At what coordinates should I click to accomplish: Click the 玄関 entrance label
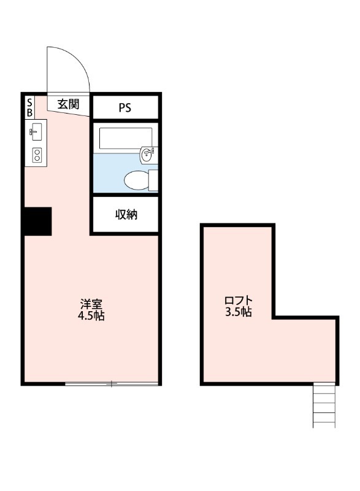[68, 104]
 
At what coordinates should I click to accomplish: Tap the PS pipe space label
[125, 107]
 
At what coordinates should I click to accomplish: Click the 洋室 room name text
[90, 304]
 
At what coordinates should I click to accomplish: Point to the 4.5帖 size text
[90, 317]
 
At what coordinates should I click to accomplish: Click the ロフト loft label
[238, 300]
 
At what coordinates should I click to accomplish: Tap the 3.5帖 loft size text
[238, 312]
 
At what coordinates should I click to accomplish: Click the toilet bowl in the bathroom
[136, 180]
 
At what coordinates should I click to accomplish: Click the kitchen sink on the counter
[35, 131]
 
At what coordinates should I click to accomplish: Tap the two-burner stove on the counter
[36, 155]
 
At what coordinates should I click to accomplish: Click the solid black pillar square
[37, 221]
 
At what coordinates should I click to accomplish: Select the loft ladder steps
[324, 406]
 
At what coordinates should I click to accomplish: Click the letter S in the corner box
[29, 104]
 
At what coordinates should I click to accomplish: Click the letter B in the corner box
[29, 113]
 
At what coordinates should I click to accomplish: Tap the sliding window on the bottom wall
[111, 384]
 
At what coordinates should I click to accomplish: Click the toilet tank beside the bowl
[153, 180]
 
